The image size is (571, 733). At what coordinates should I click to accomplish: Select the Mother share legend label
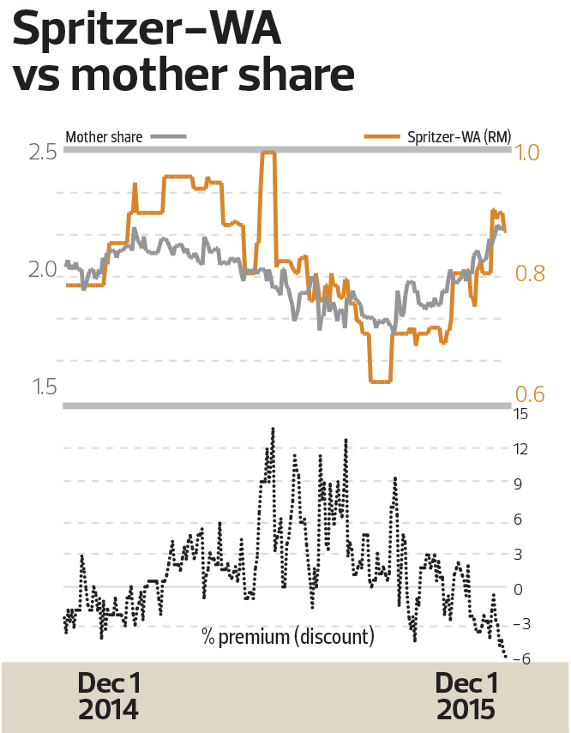coord(104,136)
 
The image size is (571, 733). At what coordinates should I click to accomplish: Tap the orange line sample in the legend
coord(382,136)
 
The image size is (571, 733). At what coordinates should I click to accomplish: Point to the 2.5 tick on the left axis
coord(42,153)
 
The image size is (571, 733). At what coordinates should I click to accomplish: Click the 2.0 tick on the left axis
coord(42,270)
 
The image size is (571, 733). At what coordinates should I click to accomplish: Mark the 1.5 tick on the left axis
coord(44,388)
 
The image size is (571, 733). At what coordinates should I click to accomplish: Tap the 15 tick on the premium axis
coord(520,414)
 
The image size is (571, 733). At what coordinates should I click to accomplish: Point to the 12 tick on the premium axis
coord(520,449)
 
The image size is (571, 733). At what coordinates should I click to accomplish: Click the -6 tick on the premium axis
coord(519,659)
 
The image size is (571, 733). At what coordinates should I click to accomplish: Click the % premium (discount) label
coord(288,637)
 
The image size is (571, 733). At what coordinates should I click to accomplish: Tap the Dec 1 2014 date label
coord(108,697)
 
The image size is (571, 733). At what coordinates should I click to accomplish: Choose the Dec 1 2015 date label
coord(466,697)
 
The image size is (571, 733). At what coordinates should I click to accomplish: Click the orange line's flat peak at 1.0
coord(268,153)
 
